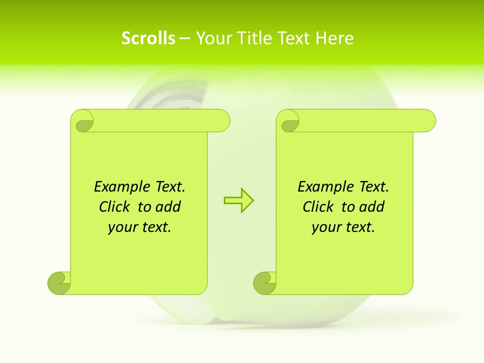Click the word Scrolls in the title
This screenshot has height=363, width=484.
tap(148, 38)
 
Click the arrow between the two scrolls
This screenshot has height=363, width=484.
tap(238, 200)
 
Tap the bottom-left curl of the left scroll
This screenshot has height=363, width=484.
tap(59, 282)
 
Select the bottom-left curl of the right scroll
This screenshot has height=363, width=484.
tap(265, 282)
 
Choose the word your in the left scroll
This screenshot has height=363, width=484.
tap(122, 227)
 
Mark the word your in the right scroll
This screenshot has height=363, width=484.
tap(325, 227)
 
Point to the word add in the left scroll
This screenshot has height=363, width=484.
tap(169, 207)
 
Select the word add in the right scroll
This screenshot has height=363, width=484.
tap(373, 207)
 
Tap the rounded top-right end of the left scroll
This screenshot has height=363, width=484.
tap(222, 121)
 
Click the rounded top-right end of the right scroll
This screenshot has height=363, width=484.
tap(428, 121)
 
